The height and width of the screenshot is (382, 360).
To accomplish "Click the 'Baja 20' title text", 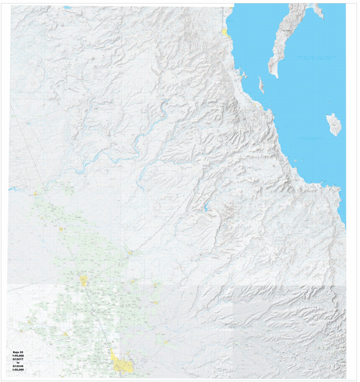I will [18, 352].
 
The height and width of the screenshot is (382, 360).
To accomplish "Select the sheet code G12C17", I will [18, 359].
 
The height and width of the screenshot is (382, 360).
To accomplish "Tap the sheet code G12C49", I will [18, 366].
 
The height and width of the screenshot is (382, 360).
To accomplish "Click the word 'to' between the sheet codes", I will [18, 363].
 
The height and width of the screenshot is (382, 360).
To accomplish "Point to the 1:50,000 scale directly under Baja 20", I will [18, 356].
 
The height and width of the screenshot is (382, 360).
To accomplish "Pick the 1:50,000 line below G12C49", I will [18, 369].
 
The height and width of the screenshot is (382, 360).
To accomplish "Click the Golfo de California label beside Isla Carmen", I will [317, 58].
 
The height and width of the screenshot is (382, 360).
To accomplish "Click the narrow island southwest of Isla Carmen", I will [261, 85].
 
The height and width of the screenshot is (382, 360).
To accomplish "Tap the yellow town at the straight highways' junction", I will [83, 280].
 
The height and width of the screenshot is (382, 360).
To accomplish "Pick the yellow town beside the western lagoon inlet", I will [36, 194].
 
